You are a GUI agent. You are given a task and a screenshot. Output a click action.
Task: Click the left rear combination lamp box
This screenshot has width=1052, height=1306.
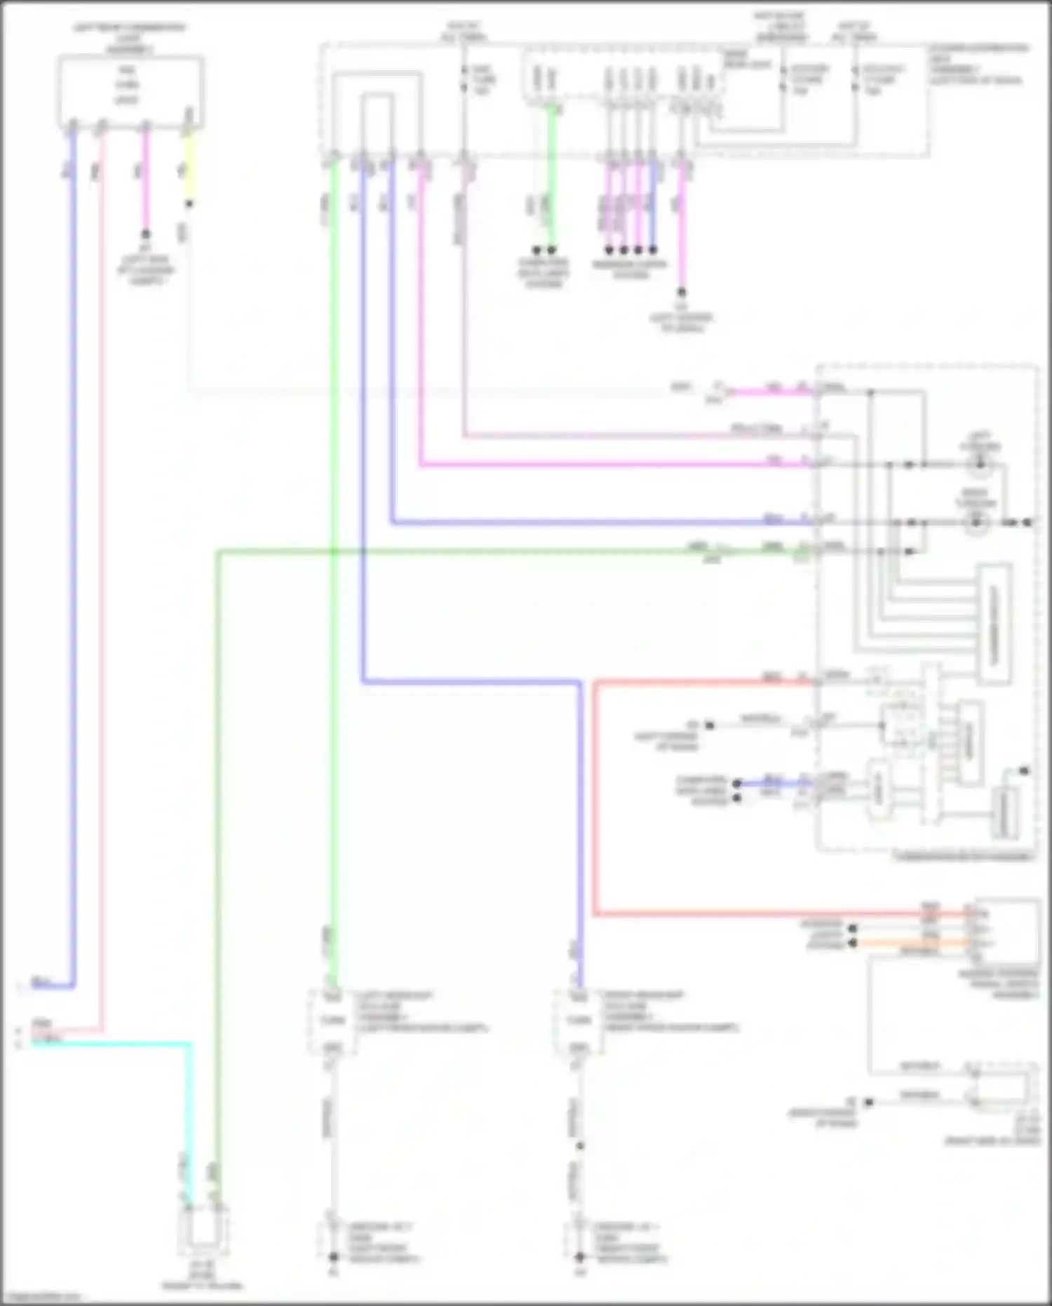point(130,91)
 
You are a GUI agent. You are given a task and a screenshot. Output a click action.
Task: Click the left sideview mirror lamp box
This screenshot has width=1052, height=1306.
point(332,1020)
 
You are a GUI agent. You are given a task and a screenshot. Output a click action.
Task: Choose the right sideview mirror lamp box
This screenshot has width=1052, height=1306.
point(578,1020)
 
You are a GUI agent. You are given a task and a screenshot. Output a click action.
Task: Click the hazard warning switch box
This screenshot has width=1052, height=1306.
point(1006,931)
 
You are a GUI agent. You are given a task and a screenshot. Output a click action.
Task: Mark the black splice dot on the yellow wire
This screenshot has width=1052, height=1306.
point(189,204)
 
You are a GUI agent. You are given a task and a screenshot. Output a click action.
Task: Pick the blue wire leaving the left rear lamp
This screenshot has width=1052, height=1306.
point(73,561)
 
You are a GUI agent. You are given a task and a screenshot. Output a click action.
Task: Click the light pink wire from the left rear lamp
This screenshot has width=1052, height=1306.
point(102,561)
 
